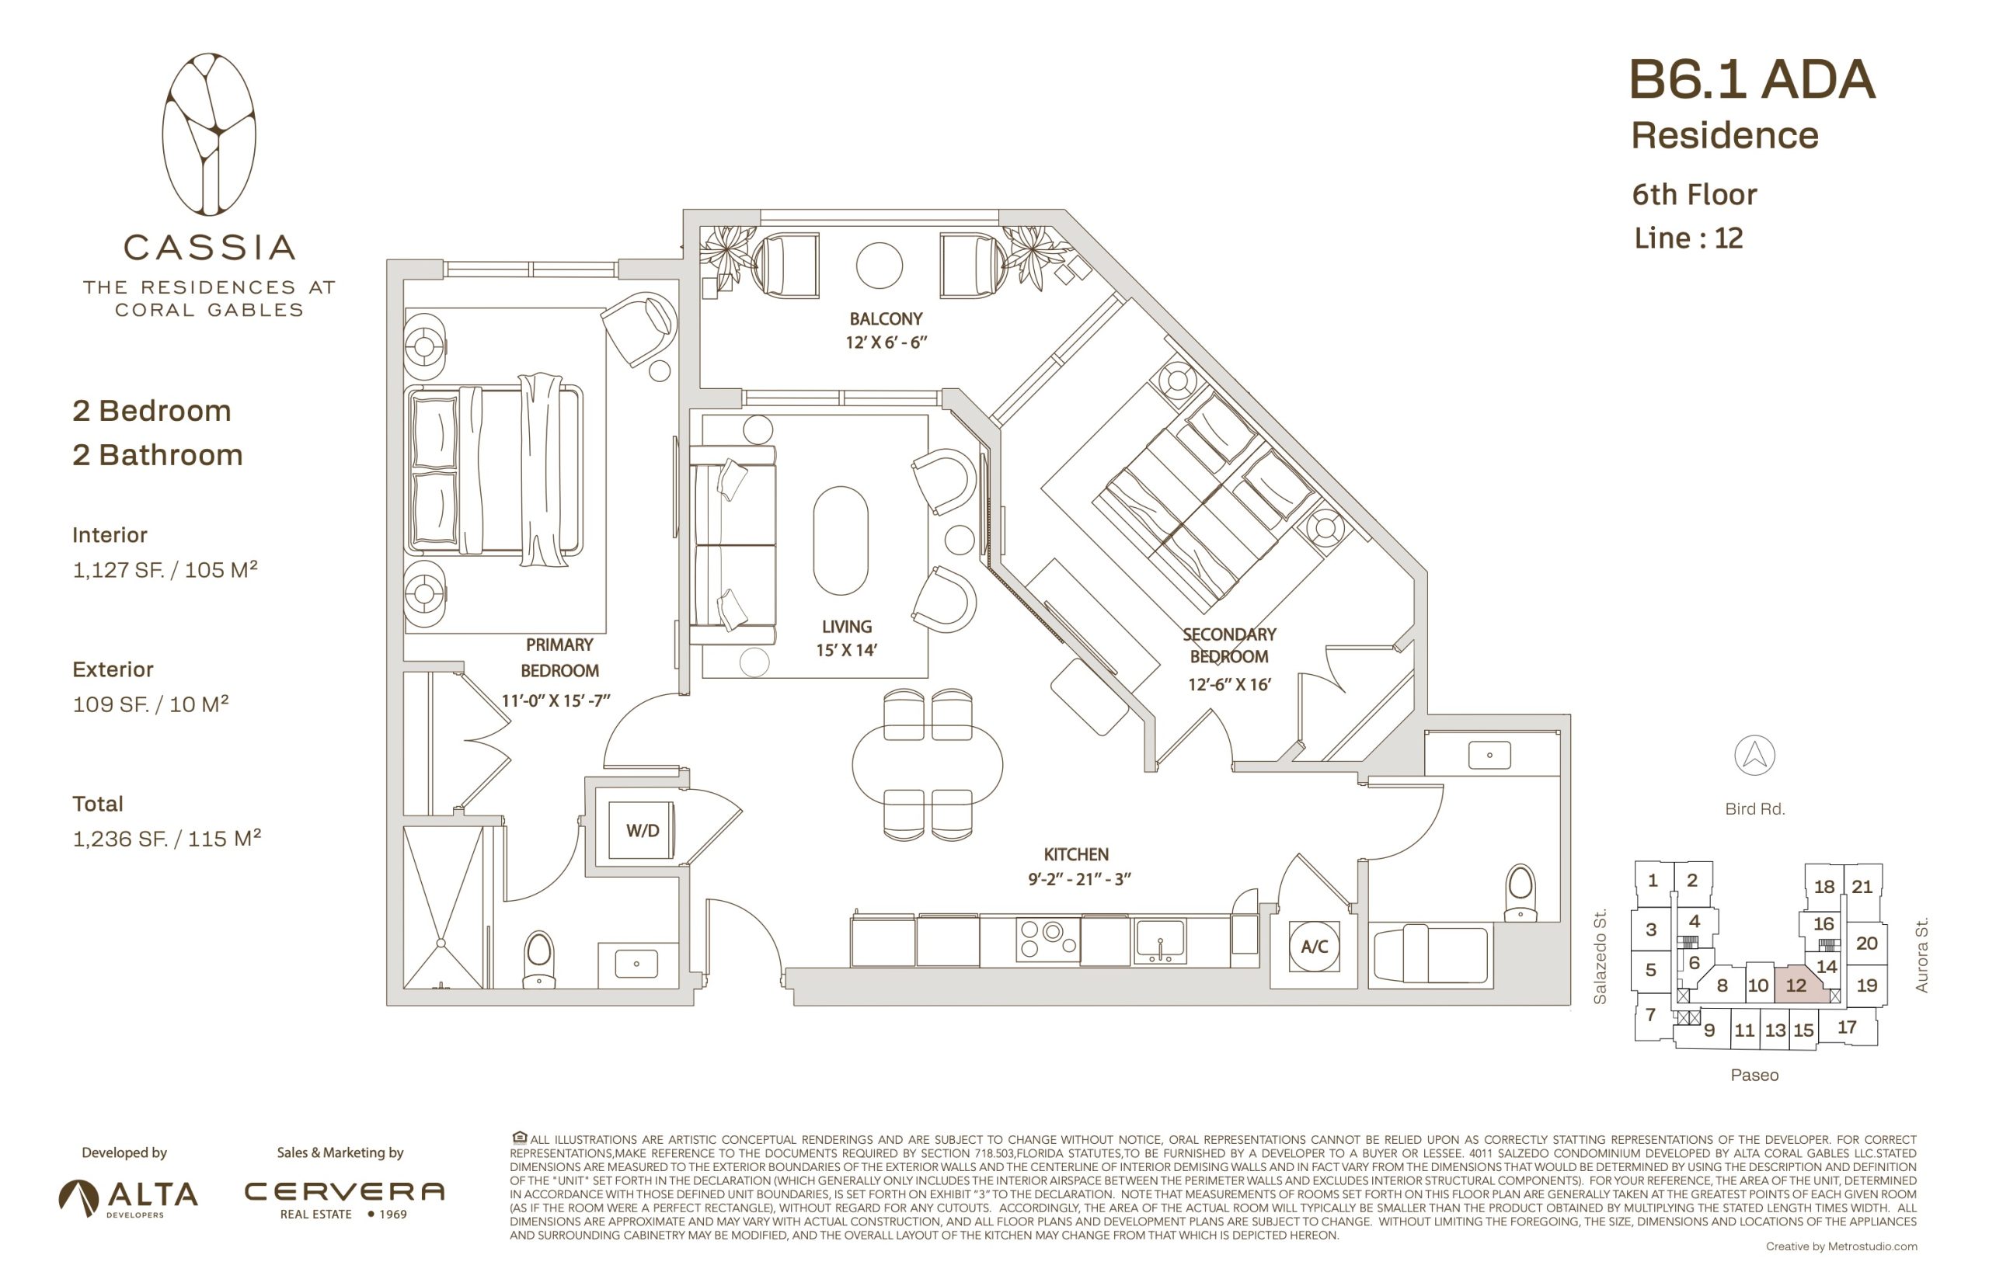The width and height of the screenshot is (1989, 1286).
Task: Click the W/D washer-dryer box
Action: pyautogui.click(x=641, y=830)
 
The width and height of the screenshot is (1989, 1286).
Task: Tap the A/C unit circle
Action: pyautogui.click(x=1314, y=946)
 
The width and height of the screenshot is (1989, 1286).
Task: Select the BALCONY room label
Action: pyautogui.click(x=886, y=319)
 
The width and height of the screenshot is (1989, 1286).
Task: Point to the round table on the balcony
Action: pyautogui.click(x=879, y=266)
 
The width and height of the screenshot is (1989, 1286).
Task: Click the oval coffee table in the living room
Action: pyautogui.click(x=841, y=540)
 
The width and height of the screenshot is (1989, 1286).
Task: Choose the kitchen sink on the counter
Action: pyautogui.click(x=1159, y=941)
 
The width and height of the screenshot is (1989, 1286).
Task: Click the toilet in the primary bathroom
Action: pyautogui.click(x=538, y=961)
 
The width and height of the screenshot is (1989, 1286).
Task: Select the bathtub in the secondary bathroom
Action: pyautogui.click(x=1431, y=953)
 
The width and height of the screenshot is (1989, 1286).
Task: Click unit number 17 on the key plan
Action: pyautogui.click(x=1847, y=1027)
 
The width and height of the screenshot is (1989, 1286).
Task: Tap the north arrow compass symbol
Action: pyautogui.click(x=1754, y=755)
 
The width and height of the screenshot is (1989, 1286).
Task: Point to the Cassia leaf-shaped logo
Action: pyautogui.click(x=209, y=134)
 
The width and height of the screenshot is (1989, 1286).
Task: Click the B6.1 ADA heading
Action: pyautogui.click(x=1753, y=80)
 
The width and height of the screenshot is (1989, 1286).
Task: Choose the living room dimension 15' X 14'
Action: pyautogui.click(x=846, y=650)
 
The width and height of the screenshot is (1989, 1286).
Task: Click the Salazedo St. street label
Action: pyautogui.click(x=1600, y=956)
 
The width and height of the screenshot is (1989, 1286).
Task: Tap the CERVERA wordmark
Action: pyautogui.click(x=344, y=1191)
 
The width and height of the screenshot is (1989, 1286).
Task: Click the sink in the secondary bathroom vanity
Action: pyautogui.click(x=1489, y=755)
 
